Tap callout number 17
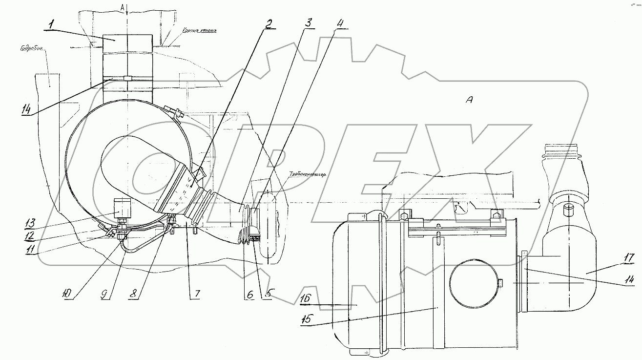[628, 257]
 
